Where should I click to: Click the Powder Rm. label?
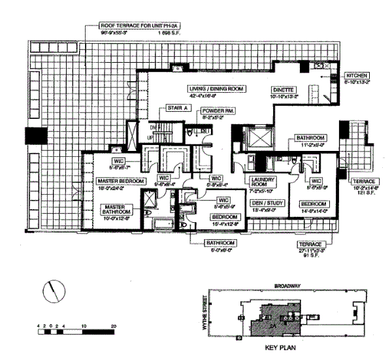(x=217, y=112)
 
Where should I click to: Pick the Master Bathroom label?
(x=117, y=210)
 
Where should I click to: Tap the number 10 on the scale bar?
(x=84, y=325)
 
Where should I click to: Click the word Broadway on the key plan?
(x=287, y=286)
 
